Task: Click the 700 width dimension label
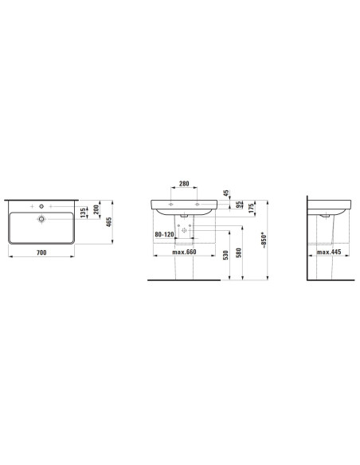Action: (x=41, y=252)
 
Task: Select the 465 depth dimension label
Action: (x=109, y=222)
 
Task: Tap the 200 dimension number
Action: (x=96, y=209)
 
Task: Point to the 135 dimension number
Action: (x=83, y=213)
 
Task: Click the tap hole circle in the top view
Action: (x=41, y=206)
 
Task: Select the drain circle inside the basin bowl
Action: (x=41, y=219)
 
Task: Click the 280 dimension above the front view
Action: (x=184, y=184)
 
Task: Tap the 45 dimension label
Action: (x=226, y=193)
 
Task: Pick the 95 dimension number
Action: (x=238, y=205)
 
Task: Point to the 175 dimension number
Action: (x=252, y=208)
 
